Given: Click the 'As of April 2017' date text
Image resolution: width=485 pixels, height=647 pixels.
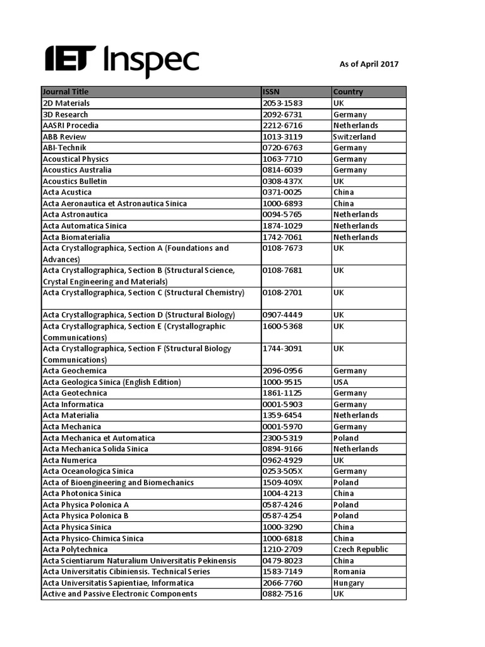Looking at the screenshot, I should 369,64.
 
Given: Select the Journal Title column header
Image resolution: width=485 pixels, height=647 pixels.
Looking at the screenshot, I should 66,92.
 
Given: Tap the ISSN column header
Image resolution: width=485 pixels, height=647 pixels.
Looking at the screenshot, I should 271,92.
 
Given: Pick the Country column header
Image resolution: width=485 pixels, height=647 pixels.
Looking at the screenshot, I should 348,92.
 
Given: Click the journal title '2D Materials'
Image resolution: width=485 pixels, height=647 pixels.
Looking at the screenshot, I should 66,103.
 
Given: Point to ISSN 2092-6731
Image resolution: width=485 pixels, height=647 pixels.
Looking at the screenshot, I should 282,114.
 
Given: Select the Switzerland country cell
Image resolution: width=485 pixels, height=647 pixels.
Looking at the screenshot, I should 354,136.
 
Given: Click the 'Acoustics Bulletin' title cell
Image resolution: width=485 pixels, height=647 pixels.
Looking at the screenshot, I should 75,181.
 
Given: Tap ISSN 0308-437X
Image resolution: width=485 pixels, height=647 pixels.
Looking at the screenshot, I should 282,181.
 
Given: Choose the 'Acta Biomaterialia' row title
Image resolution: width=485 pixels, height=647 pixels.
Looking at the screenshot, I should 76,237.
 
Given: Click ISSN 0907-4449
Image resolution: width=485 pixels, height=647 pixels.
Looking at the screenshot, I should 282,315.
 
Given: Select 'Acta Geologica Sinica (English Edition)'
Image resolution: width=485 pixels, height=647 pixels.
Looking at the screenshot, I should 112,382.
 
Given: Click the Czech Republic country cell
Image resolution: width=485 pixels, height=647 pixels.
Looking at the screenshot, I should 361,550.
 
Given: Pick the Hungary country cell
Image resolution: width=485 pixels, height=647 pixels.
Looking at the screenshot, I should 349,583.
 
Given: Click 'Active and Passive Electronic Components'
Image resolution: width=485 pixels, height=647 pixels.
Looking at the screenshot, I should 120,594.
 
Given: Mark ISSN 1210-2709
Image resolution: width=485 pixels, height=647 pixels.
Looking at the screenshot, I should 282,550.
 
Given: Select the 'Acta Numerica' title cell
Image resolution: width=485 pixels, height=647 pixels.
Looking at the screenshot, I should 69,461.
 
